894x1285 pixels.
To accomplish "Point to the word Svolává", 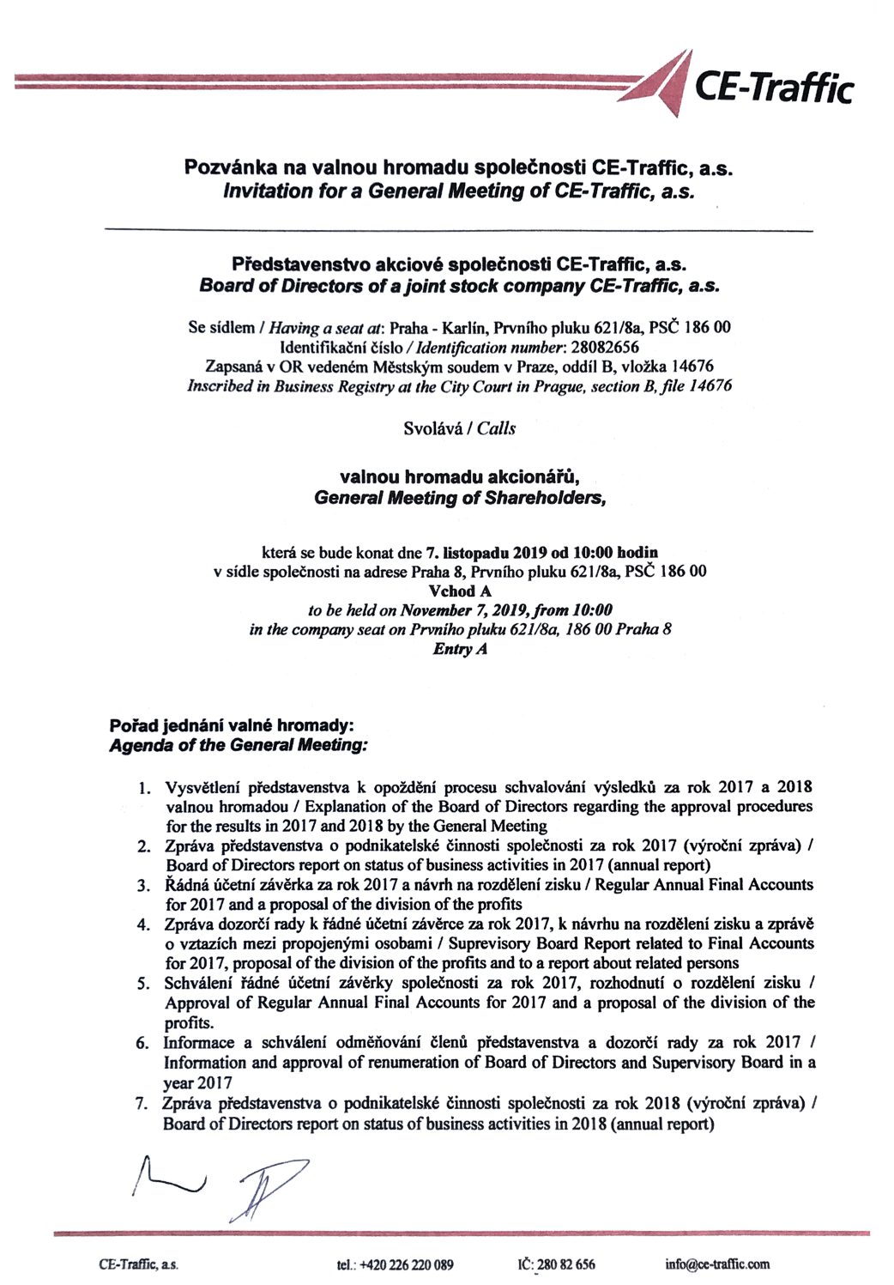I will point(432,427).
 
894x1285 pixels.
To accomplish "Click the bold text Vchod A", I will point(459,591).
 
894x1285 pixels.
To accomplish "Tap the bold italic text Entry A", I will point(460,649).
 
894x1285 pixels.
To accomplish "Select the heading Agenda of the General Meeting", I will point(239,745).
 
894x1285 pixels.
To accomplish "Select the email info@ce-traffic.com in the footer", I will point(717,1264).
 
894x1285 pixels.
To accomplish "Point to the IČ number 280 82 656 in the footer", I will point(565,1264).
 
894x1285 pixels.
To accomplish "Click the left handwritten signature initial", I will point(168,1177).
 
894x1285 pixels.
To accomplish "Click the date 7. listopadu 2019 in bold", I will point(486,552).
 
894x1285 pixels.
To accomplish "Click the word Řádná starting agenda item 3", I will point(185,885).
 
